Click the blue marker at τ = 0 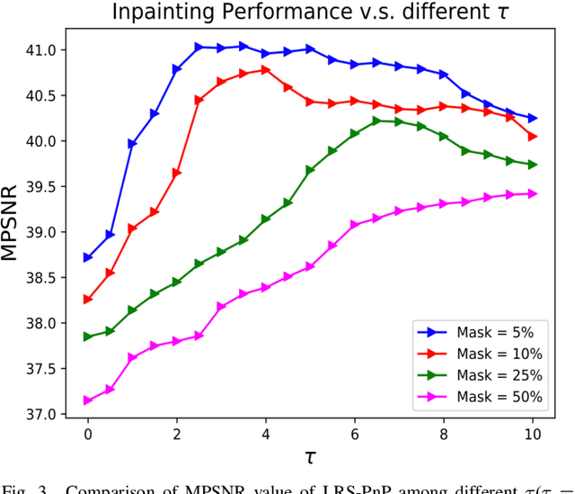tap(87, 257)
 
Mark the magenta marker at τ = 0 tap(87, 400)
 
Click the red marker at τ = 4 tap(265, 69)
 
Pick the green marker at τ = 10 tap(532, 165)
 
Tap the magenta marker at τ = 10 tap(532, 193)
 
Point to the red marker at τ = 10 tap(532, 136)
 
